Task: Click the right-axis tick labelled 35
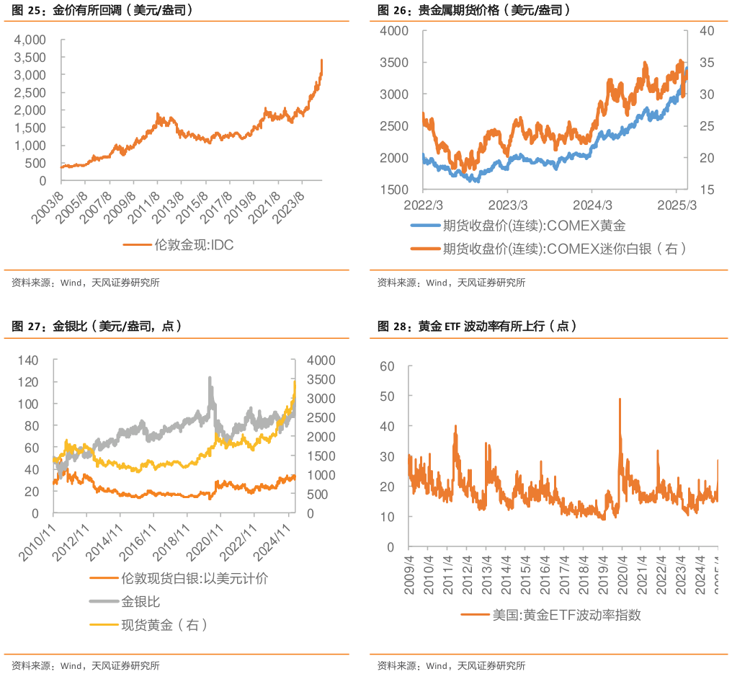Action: coord(707,63)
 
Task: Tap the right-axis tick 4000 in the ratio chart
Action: coord(321,360)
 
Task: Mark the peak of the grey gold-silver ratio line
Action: coord(210,376)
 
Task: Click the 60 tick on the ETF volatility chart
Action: coord(388,366)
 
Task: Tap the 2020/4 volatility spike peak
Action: coord(620,398)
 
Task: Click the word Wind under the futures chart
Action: coord(437,283)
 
